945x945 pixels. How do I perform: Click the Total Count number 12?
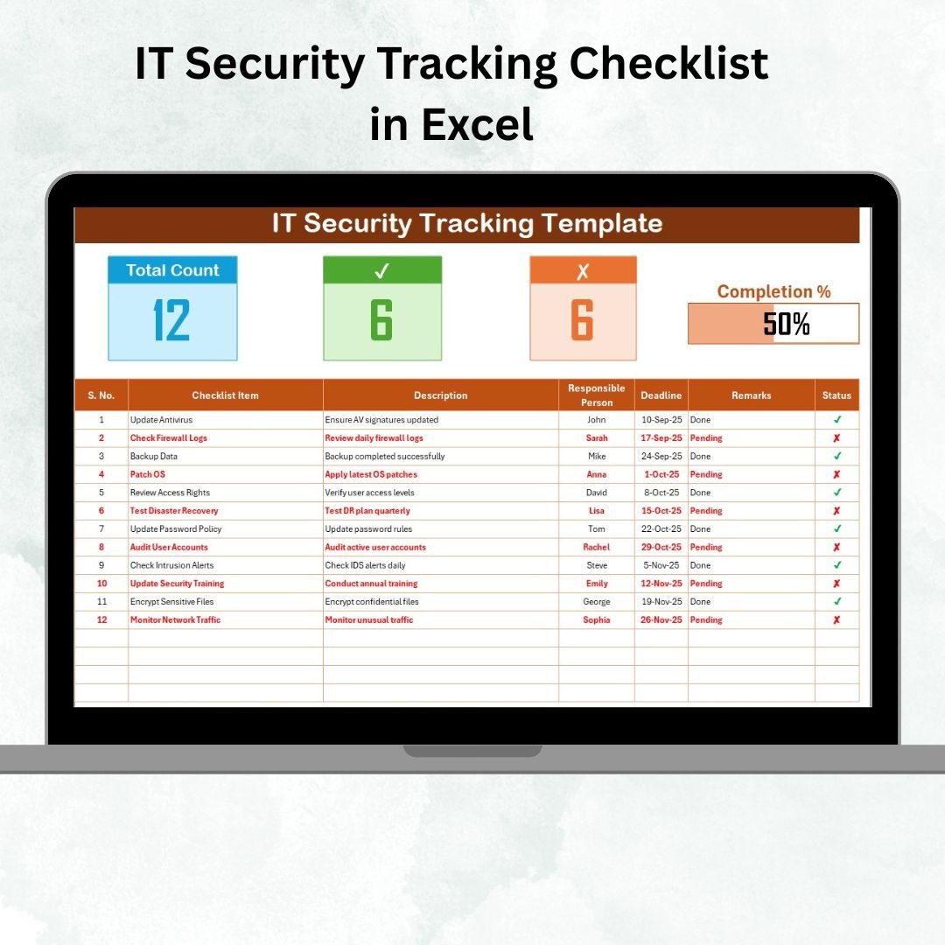coord(171,320)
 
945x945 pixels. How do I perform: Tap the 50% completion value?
coord(786,325)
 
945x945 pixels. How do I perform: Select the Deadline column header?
coord(661,395)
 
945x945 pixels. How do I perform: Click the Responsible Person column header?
coord(596,395)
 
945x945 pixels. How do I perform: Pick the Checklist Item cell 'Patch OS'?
coord(148,474)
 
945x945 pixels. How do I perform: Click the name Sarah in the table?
coord(596,437)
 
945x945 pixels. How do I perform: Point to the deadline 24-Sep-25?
coord(661,456)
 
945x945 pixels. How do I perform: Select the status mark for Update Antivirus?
coord(836,420)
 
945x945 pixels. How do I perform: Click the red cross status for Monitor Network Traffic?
coord(836,620)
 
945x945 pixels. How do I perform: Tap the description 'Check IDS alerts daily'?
coord(365,565)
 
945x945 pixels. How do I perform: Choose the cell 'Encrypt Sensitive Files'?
coord(171,602)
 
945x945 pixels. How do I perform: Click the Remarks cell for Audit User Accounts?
coord(706,547)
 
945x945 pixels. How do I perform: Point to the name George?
coord(596,602)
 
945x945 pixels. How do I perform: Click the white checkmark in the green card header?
coord(381,271)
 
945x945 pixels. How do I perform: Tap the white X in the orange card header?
coord(583,271)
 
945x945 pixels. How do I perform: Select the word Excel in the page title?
coord(477,124)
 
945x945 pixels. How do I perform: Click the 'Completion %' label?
coord(773,292)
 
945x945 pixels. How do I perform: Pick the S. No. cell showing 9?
coord(101,565)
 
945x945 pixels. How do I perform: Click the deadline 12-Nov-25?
coord(661,584)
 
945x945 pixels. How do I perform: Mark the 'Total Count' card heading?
coord(172,270)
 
